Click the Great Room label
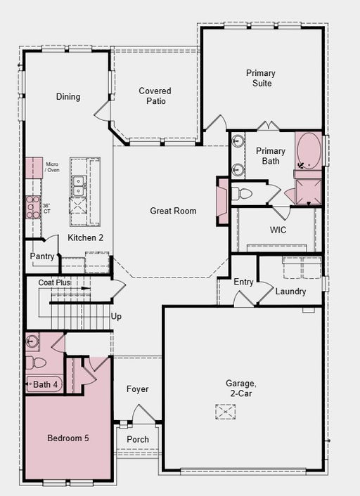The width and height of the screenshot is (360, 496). tap(173, 211)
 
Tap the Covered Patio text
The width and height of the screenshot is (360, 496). tap(155, 96)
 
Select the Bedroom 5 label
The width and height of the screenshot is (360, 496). tap(68, 438)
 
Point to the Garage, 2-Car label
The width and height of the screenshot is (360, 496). tap(240, 389)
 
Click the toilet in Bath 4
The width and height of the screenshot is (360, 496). tap(35, 363)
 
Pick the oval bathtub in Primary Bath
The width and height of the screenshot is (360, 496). tap(309, 151)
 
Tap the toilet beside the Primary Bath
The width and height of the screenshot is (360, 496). tap(242, 194)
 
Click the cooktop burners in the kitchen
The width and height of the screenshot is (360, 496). tap(33, 207)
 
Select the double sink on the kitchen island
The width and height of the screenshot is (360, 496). tap(78, 185)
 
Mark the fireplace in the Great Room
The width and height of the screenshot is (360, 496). tap(223, 201)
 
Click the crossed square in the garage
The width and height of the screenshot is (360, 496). tap(226, 412)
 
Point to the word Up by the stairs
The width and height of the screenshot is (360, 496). tap(116, 317)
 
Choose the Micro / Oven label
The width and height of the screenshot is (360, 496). tap(52, 167)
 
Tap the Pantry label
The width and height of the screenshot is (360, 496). tap(41, 256)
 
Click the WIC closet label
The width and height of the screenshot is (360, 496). tap(278, 230)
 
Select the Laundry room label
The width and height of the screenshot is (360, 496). tap(290, 292)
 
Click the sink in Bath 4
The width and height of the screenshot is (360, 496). tap(32, 341)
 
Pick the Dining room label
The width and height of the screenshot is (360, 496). tap(68, 96)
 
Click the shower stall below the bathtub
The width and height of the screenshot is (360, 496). tap(309, 192)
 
